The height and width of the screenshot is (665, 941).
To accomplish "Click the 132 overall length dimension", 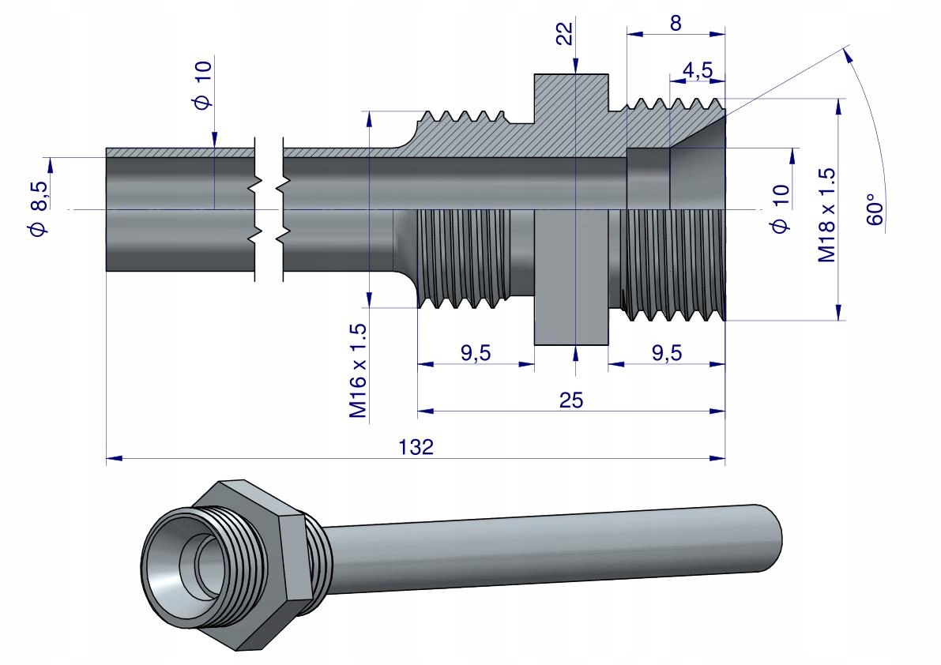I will [x=417, y=447].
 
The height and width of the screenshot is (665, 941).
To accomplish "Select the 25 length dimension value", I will [x=570, y=400].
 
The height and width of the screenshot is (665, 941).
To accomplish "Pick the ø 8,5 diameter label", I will [x=38, y=207].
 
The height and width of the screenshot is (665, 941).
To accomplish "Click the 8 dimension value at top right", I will [x=676, y=23].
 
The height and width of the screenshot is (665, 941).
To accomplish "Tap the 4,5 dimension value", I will [x=698, y=70].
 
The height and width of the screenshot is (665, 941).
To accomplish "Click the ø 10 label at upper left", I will [x=203, y=86].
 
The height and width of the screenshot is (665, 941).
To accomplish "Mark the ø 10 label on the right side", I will [x=781, y=209].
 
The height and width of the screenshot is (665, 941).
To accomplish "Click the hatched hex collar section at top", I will [x=570, y=99].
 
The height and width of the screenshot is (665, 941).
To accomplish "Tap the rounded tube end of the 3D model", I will [x=769, y=537].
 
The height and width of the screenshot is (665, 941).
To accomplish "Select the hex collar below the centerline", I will [x=570, y=276].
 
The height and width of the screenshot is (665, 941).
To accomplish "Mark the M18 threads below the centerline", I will [x=673, y=265].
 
